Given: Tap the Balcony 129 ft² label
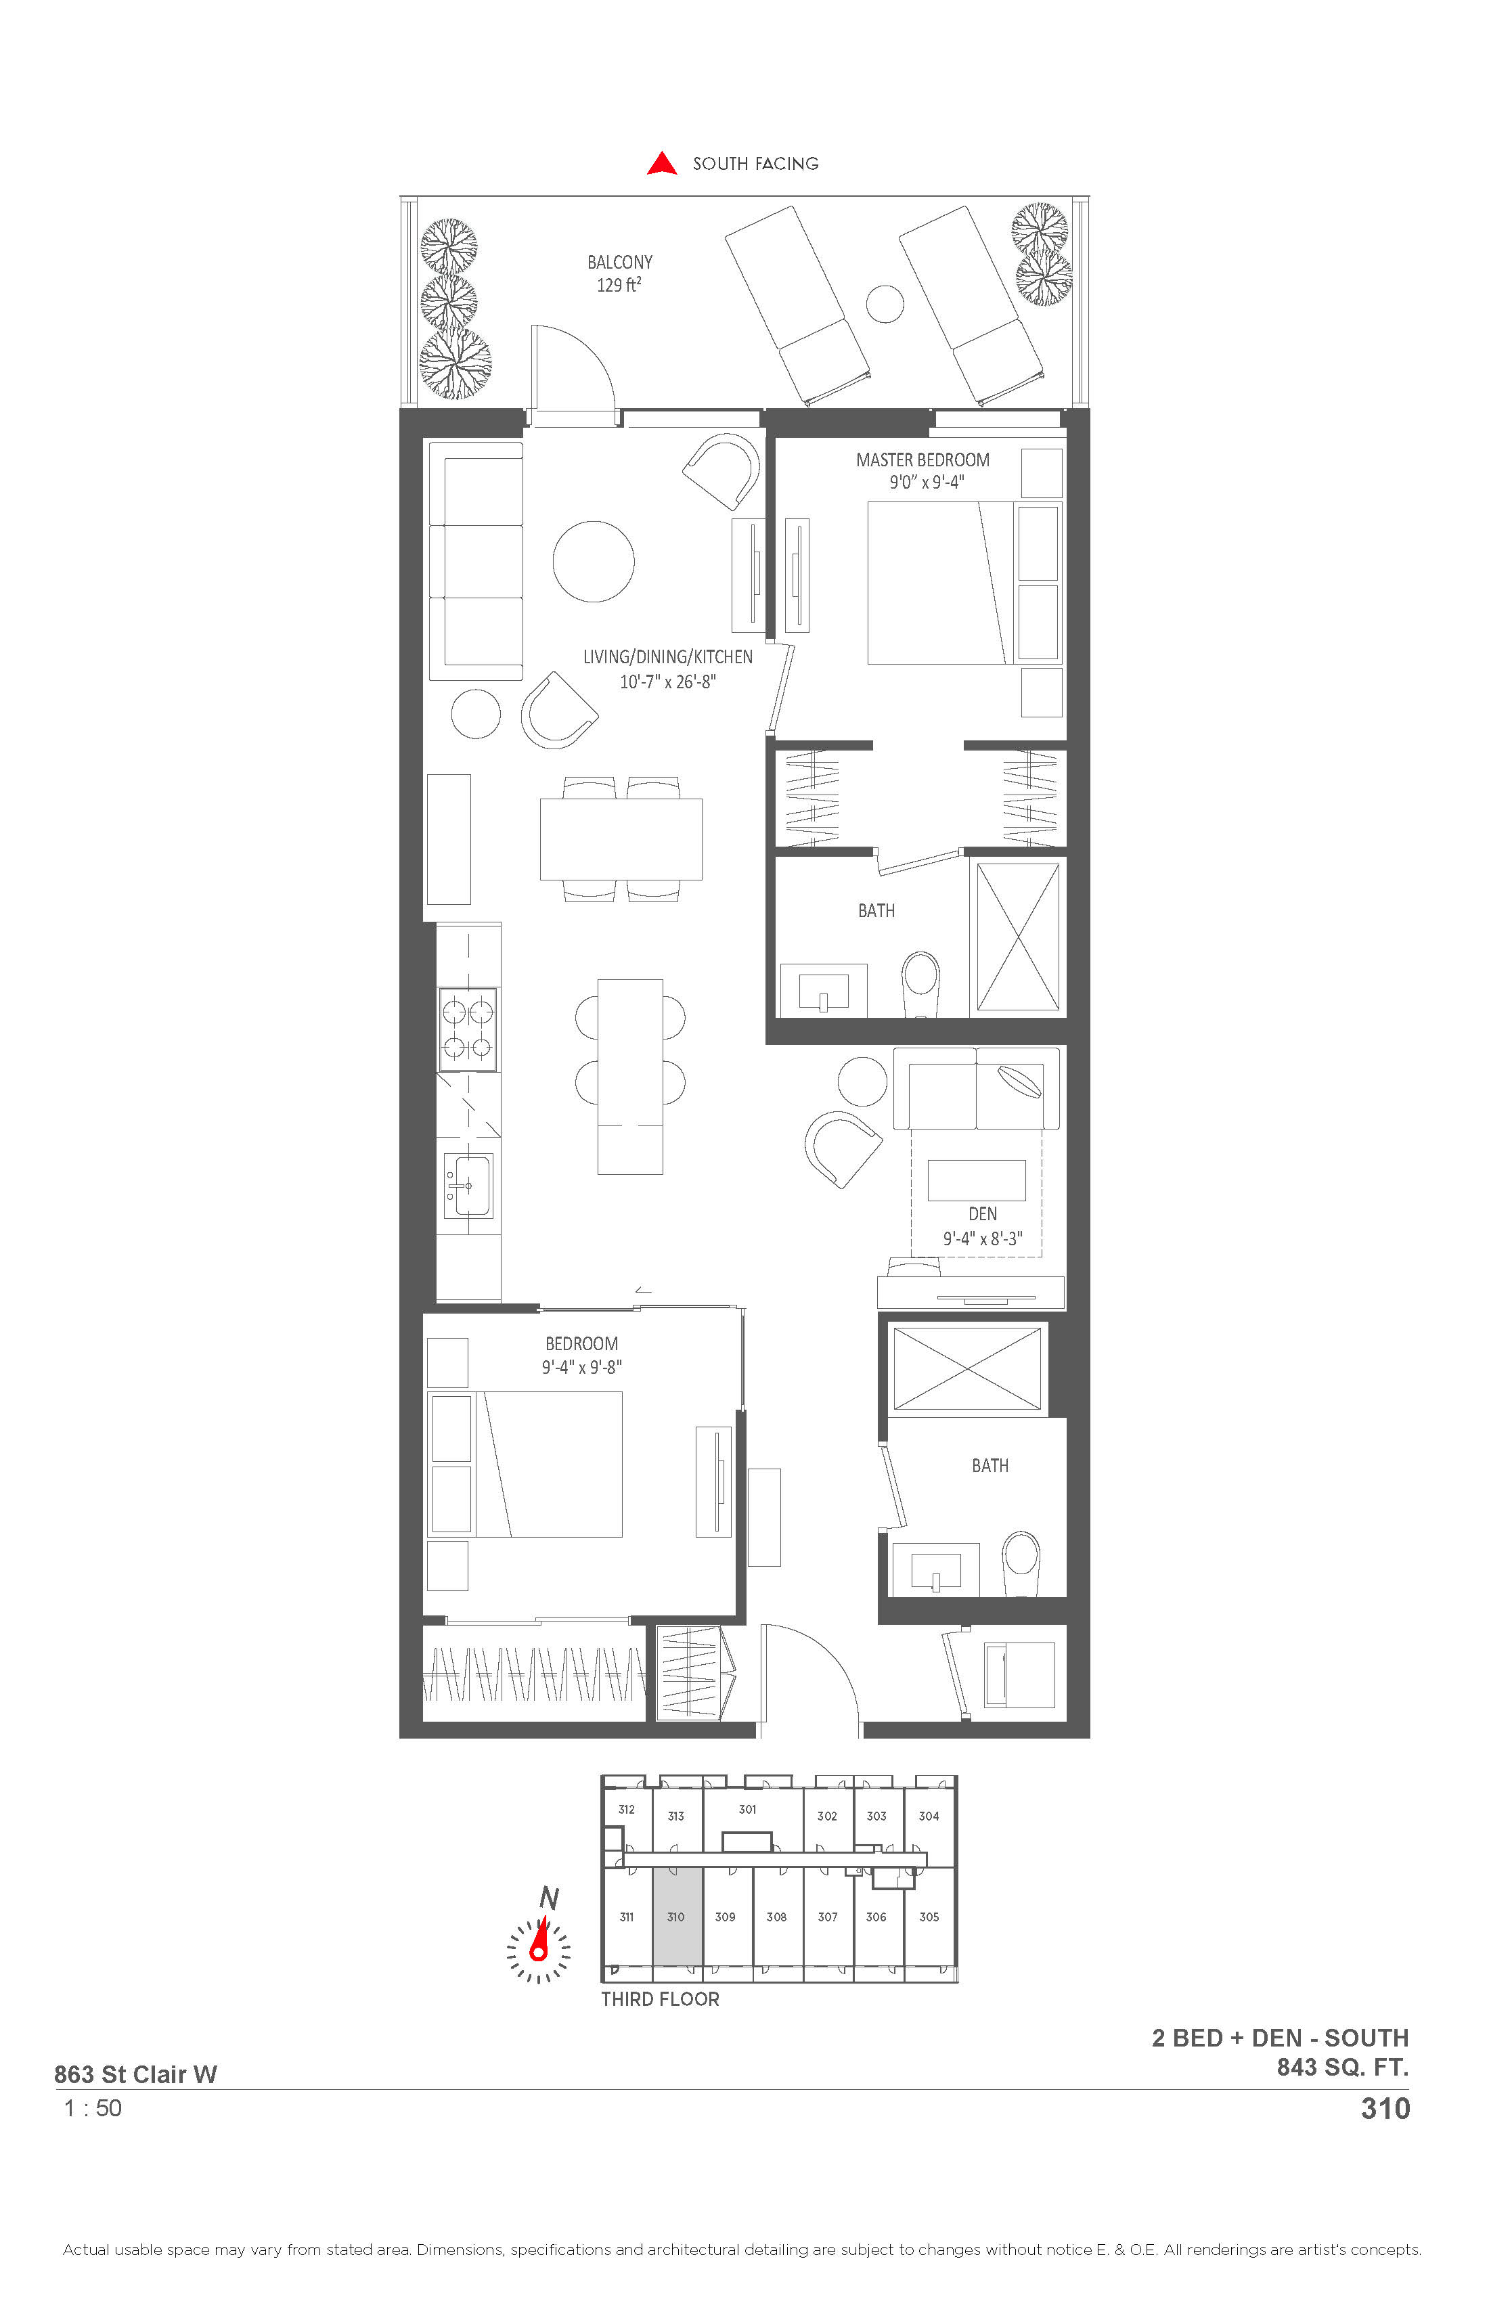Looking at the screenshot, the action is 620,273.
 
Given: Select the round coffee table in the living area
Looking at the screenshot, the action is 594,562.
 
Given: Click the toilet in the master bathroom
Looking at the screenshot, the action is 920,984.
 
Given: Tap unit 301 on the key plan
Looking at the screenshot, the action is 747,1809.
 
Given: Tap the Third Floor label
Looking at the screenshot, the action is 661,1999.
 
